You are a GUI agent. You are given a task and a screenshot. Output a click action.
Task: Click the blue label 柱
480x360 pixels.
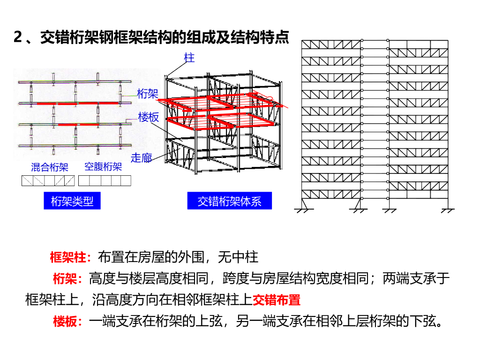(x=189, y=58)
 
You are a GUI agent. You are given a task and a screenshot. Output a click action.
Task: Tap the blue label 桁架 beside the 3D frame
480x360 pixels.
(x=148, y=94)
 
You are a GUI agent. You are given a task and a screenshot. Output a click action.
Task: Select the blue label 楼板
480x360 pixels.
(x=149, y=117)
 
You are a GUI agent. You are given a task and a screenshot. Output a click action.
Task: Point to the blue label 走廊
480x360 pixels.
(x=141, y=158)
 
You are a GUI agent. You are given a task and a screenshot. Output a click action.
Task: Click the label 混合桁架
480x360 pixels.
(x=50, y=167)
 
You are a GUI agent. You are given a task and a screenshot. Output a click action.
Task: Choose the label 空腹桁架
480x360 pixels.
(x=103, y=167)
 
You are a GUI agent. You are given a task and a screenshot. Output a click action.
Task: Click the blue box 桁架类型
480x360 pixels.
(x=72, y=202)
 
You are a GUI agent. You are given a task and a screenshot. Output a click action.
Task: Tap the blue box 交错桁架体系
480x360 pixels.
(x=229, y=202)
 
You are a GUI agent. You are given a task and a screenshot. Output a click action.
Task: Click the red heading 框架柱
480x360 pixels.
(x=67, y=257)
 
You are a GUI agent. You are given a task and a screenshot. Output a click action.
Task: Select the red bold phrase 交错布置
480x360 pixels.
(x=276, y=300)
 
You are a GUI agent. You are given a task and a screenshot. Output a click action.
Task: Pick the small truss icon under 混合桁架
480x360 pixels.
(x=48, y=181)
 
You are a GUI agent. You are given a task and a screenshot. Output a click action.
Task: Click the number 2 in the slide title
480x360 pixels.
(x=18, y=37)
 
